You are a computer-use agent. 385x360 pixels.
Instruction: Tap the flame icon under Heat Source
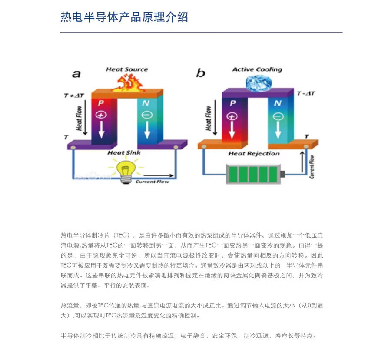click(127, 83)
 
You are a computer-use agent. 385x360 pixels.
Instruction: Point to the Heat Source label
click(127, 69)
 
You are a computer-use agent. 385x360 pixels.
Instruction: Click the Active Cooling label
click(257, 69)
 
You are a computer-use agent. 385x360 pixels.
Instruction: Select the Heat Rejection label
click(254, 153)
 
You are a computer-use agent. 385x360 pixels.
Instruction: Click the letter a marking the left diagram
click(76, 74)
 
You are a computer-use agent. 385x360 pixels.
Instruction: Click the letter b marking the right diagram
click(200, 73)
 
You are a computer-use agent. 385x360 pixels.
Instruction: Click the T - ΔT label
click(306, 93)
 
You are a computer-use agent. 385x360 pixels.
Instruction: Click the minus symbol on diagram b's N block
click(279, 116)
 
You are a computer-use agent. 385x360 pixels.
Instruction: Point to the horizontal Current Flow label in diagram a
click(152, 181)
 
